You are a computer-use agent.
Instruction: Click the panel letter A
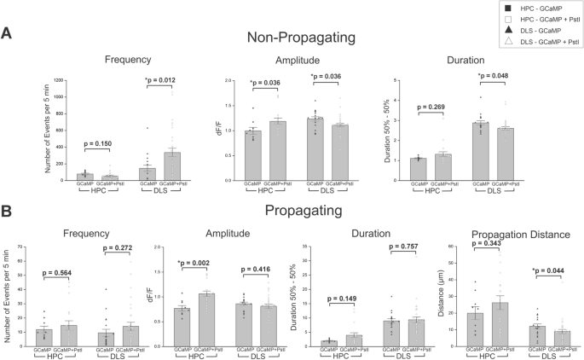8,34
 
